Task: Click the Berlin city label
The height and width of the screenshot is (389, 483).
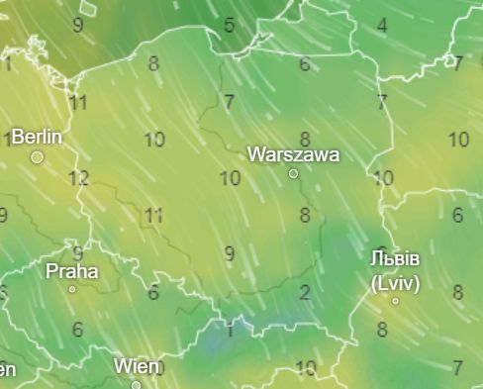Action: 37,137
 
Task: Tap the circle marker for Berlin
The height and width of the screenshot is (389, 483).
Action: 38,157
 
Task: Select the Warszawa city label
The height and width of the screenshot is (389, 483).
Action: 293,154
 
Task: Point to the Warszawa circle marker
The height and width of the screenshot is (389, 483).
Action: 293,173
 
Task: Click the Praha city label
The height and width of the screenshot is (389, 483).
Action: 72,270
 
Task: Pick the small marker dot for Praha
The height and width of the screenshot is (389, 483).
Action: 72,289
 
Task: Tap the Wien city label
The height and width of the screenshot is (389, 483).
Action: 137,366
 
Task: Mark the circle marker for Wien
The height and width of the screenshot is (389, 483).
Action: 137,385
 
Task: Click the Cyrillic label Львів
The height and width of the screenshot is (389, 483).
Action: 395,259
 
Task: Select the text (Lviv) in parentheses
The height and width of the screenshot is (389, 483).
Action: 396,282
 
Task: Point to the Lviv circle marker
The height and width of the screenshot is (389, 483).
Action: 395,300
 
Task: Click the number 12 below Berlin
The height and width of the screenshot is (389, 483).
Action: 79,179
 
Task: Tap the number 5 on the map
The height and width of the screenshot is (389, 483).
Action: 229,25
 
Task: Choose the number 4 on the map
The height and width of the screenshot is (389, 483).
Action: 381,25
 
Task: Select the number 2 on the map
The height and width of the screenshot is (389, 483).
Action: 305,292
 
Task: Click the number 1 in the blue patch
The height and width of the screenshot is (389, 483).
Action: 230,331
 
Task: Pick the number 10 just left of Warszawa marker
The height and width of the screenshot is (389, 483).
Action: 230,179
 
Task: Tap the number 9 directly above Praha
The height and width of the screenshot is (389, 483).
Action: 76,251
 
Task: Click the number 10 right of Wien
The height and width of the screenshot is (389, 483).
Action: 305,369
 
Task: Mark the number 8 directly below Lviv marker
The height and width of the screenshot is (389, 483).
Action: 382,330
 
